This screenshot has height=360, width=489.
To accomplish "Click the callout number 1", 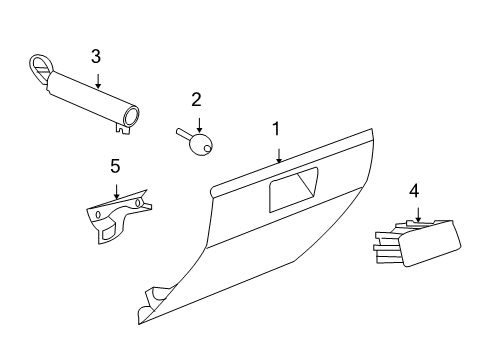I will click(x=277, y=129).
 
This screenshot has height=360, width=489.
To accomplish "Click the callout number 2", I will click(x=197, y=99).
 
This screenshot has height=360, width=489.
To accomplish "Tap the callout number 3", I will click(x=96, y=56).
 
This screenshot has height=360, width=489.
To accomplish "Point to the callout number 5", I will click(x=115, y=165).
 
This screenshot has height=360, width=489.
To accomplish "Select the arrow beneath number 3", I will click(x=97, y=80).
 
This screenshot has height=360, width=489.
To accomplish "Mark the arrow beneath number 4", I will click(x=418, y=212).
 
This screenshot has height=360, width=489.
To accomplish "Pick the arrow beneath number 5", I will click(x=116, y=190).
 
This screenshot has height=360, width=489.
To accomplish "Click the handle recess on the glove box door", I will click(x=293, y=189).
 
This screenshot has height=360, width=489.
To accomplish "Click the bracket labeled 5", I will click(x=114, y=217).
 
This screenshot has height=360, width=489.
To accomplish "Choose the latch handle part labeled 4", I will click(x=428, y=243).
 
